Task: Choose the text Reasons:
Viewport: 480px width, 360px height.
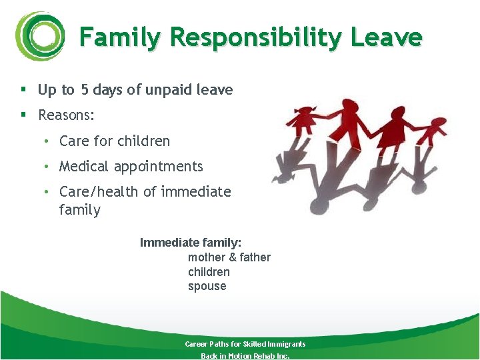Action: click(x=67, y=115)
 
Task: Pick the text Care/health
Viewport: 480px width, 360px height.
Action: click(x=99, y=192)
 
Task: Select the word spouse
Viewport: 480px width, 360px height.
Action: click(x=207, y=287)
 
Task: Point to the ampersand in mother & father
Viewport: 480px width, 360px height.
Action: click(x=233, y=257)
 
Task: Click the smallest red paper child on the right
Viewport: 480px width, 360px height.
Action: click(x=435, y=131)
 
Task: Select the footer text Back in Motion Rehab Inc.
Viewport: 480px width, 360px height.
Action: click(x=245, y=356)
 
